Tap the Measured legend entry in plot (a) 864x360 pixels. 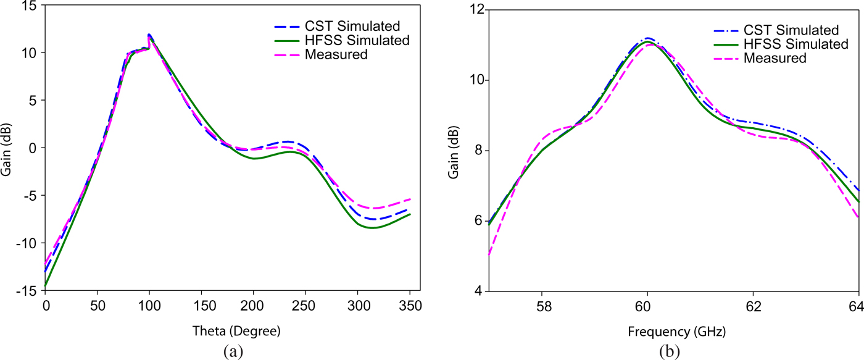coord(336,54)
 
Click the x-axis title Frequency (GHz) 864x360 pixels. coord(676,332)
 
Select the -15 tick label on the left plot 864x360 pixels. coord(27,291)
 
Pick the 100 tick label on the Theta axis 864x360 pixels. coord(149,306)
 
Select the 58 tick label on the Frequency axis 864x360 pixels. coord(541,306)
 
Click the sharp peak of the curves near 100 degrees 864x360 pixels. coord(149,35)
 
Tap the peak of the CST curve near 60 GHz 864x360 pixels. coord(647,38)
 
